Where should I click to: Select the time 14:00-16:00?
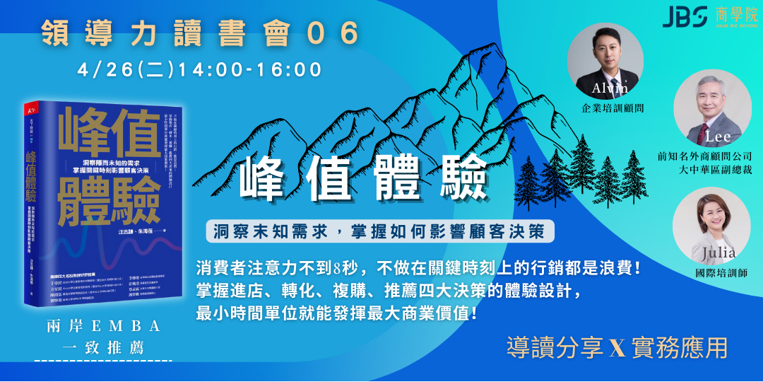pos(250,70)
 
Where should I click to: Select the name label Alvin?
pos(610,88)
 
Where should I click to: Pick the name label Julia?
pos(718,253)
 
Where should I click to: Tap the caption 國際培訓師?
pos(717,272)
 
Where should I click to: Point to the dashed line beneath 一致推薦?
pos(103,361)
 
